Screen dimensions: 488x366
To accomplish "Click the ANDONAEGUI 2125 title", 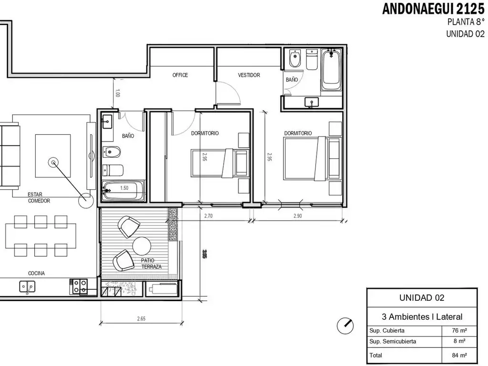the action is (x=433, y=9).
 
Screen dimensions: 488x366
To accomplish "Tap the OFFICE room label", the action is (x=180, y=75).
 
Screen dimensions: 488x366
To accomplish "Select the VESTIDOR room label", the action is (x=249, y=75).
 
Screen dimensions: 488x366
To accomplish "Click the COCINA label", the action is (x=36, y=273).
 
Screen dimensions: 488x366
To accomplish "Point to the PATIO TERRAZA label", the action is (x=151, y=264).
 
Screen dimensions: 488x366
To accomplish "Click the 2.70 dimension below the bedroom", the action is (x=208, y=216).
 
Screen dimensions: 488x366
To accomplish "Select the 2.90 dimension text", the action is (x=297, y=216).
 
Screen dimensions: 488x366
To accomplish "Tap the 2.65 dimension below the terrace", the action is (x=141, y=318).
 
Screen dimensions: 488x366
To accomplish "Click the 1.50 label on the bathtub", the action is (x=124, y=188).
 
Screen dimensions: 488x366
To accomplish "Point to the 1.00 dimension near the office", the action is (x=117, y=93).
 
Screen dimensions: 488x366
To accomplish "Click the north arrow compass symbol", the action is (x=345, y=325).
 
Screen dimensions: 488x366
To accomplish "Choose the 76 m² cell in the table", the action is (x=459, y=331).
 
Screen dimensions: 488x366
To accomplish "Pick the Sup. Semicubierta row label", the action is (x=393, y=341).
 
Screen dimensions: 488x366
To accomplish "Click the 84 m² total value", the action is (x=459, y=355).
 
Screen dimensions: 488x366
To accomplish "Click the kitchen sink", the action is (x=27, y=286).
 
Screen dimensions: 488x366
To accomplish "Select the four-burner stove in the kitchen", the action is (x=80, y=286).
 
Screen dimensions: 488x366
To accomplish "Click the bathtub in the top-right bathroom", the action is (x=331, y=70).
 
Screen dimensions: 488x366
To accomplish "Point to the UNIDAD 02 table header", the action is (x=422, y=298).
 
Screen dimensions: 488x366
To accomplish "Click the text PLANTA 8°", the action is (x=466, y=22).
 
